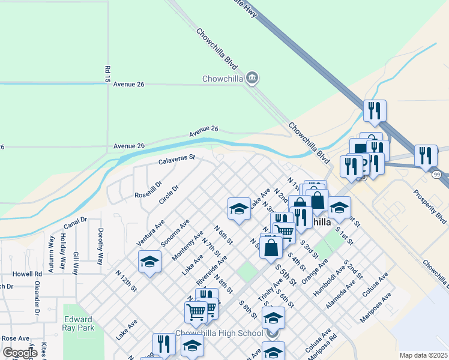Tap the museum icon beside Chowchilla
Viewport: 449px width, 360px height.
(252, 77)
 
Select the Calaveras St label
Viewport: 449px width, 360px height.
(177, 160)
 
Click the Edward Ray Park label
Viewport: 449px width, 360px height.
(78, 324)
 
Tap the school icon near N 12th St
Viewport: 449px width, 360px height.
(149, 262)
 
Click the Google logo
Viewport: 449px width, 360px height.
(20, 353)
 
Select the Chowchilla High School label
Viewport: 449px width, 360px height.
(219, 334)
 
